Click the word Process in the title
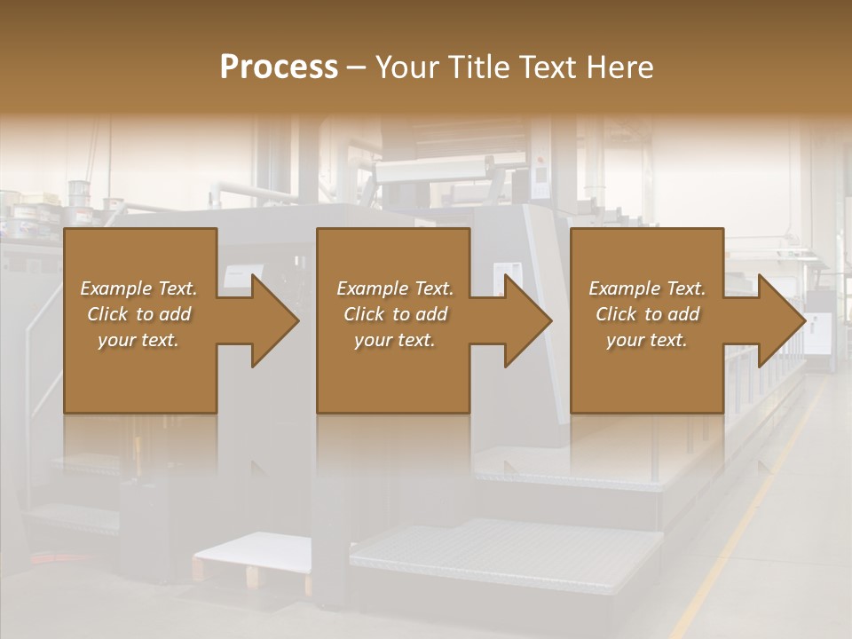279,67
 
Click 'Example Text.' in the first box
138,288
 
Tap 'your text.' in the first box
138,340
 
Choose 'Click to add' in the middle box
395,314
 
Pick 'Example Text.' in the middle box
395,288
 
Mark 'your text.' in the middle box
395,340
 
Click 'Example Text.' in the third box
647,288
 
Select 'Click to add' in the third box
647,314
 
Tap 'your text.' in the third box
647,340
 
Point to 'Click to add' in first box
138,314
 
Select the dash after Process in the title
356,67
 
